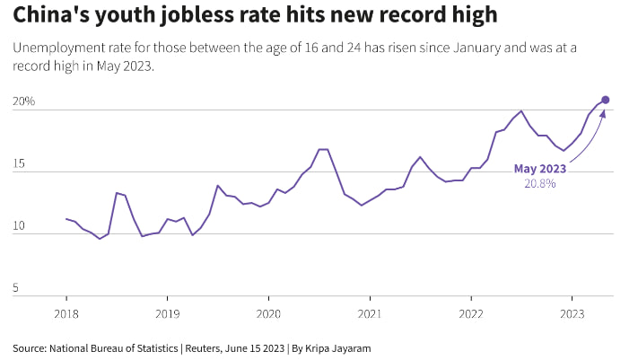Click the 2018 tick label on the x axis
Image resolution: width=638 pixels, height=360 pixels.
(x=66, y=313)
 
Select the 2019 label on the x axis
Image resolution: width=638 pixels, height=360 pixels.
(x=167, y=313)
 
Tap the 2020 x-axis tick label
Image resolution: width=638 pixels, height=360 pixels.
(x=268, y=313)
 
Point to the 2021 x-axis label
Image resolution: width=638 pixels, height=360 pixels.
(x=370, y=313)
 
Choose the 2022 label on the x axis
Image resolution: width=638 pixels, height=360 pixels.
(x=471, y=313)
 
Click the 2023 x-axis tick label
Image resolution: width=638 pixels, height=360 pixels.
(x=572, y=313)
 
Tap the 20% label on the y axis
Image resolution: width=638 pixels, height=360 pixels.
(x=23, y=101)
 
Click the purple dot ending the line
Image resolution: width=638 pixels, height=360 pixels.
(x=606, y=100)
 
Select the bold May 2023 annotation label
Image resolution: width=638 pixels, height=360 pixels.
(x=539, y=168)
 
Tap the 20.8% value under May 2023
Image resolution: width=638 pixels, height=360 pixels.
(x=539, y=183)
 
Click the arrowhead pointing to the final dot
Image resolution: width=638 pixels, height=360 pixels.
(x=603, y=113)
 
